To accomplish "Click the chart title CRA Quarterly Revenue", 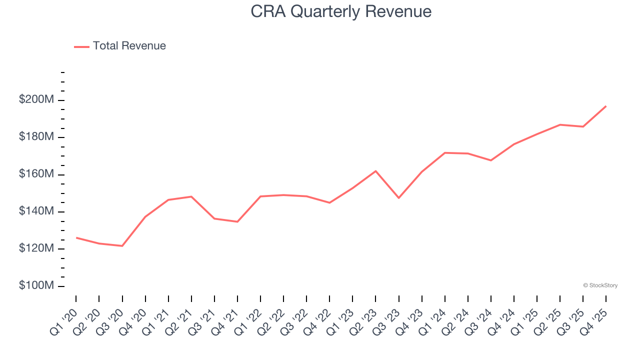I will pyautogui.click(x=341, y=11).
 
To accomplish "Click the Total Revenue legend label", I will pyautogui.click(x=129, y=46).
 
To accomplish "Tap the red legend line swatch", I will pyautogui.click(x=81, y=46).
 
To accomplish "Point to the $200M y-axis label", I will pyautogui.click(x=36, y=100).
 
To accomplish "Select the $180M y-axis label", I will pyautogui.click(x=36, y=137).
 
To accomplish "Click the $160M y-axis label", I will pyautogui.click(x=36, y=174).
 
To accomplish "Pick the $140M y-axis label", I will pyautogui.click(x=36, y=211).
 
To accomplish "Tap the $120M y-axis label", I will pyautogui.click(x=36, y=248).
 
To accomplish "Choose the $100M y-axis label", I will pyautogui.click(x=36, y=285).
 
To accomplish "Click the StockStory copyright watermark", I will pyautogui.click(x=600, y=285).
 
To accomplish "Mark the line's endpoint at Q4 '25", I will pyautogui.click(x=606, y=106).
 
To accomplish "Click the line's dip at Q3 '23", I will pyautogui.click(x=398, y=198).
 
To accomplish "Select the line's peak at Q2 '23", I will pyautogui.click(x=375, y=171).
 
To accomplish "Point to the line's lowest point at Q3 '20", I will pyautogui.click(x=122, y=246).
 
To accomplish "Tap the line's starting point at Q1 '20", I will pyautogui.click(x=76, y=237).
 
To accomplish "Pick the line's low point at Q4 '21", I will pyautogui.click(x=237, y=221).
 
